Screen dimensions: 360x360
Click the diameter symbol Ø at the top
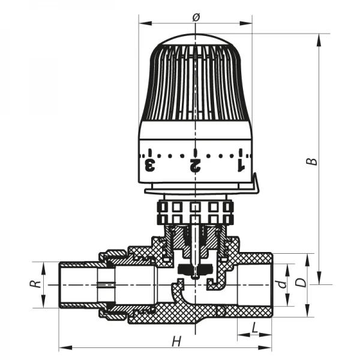[x=196, y=17]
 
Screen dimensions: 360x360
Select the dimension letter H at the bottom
[x=176, y=341]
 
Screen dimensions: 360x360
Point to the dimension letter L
[x=255, y=328]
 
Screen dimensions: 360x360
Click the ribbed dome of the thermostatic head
[x=195, y=84]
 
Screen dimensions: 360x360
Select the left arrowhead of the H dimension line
[x=62, y=347]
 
